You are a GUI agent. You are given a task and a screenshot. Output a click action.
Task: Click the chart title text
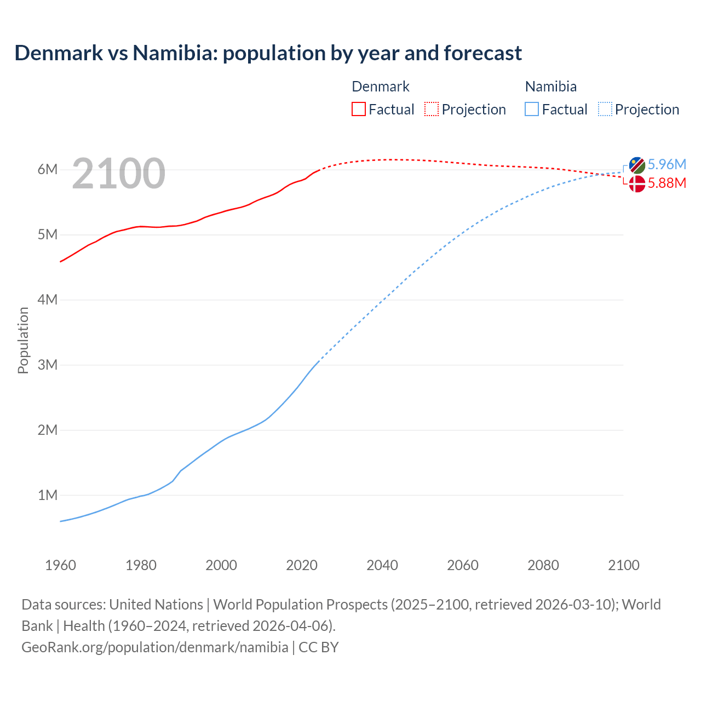(268, 53)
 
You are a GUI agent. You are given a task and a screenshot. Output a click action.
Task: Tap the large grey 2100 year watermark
(118, 174)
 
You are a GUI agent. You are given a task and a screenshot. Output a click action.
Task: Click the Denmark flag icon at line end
(637, 184)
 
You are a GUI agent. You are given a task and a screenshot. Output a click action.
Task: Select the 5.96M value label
(666, 164)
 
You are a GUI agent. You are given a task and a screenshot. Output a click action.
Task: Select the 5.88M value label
(666, 183)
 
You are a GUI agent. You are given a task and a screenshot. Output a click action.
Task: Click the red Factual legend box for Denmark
(358, 109)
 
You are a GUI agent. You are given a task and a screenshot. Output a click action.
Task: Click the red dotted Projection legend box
(432, 109)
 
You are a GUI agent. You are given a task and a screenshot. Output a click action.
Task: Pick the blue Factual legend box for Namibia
(532, 109)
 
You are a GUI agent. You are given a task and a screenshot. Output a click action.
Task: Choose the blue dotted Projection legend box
(605, 109)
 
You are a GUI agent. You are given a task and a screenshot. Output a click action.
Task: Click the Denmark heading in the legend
(380, 87)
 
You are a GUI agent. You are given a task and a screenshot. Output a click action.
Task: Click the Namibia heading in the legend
(550, 87)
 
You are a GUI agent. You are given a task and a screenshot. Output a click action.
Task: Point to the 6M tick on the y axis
(48, 169)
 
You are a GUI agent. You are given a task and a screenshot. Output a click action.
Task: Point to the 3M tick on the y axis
(48, 365)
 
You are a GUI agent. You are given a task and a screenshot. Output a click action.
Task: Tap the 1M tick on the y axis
(48, 495)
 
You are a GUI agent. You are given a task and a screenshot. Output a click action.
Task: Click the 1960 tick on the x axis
(60, 565)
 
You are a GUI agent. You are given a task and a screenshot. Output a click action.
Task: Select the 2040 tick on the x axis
(382, 565)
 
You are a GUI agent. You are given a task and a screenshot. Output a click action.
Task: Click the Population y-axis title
(23, 340)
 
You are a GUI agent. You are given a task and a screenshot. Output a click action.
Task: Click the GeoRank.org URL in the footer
(154, 647)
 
